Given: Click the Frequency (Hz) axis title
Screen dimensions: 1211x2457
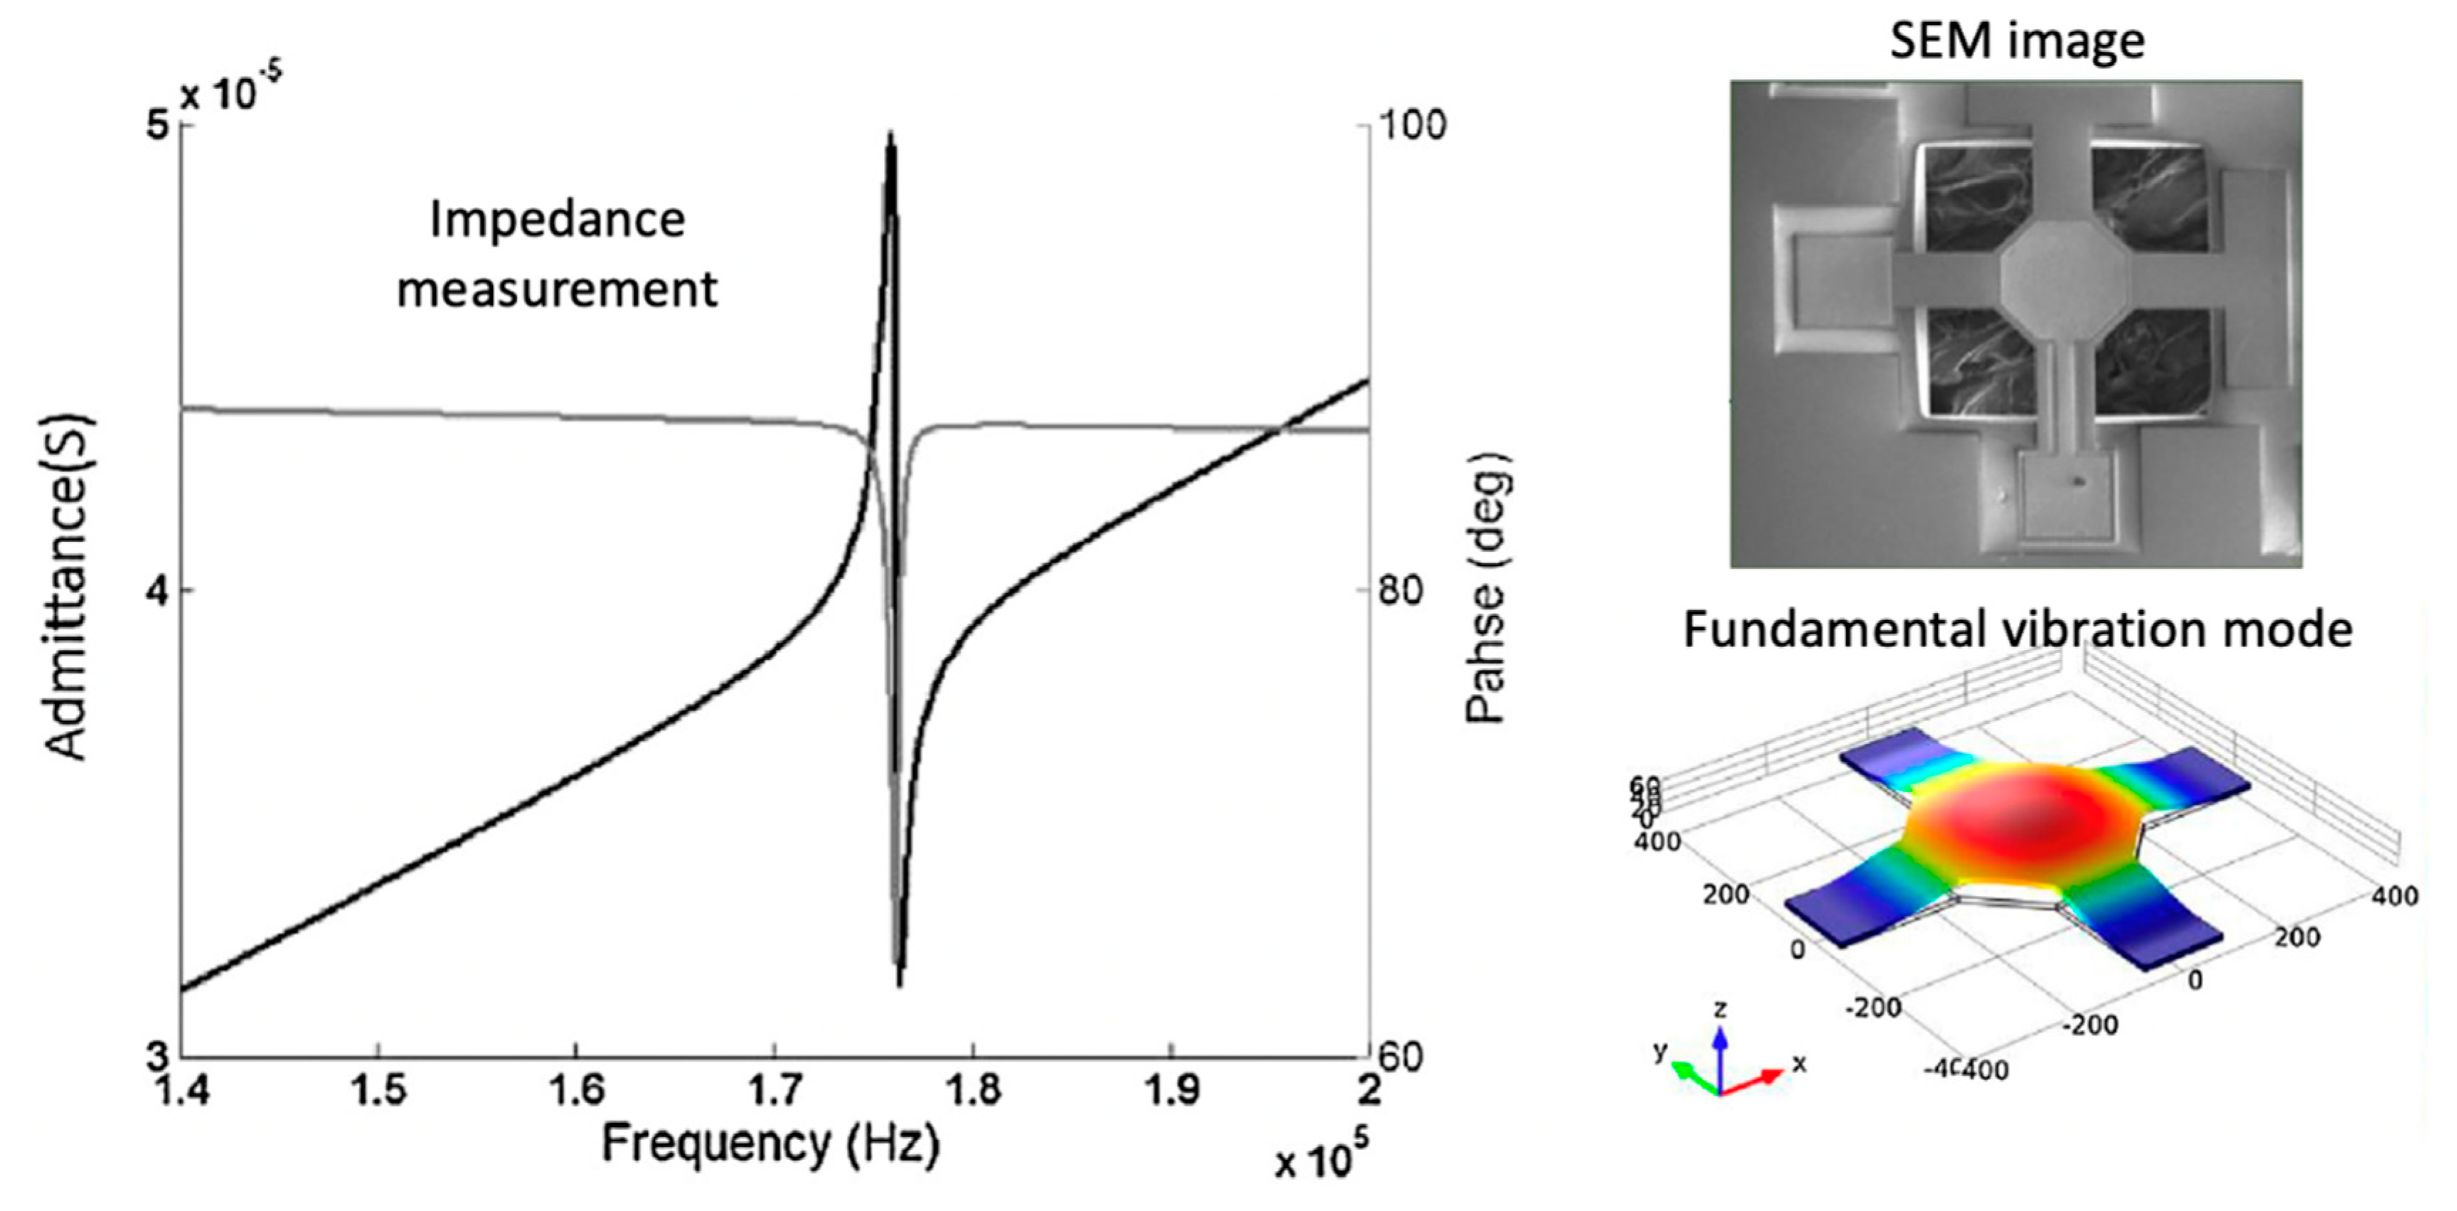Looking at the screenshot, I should pos(769,1143).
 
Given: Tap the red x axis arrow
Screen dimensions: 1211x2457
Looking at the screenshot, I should pos(1755,1082).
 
